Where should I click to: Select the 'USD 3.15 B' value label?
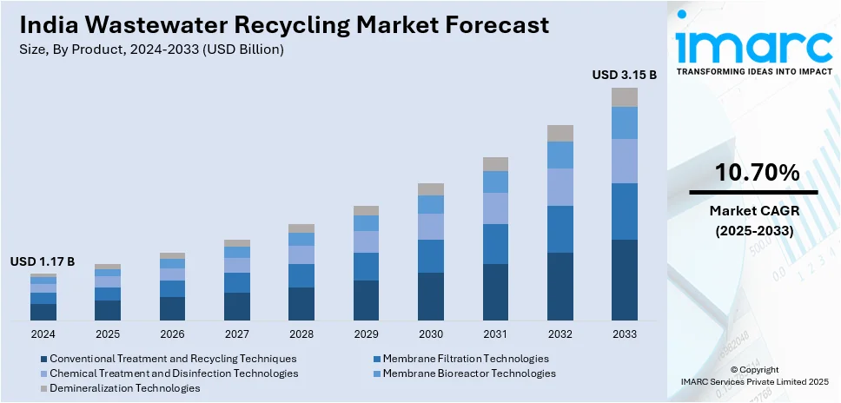624,76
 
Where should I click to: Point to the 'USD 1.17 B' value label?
43,261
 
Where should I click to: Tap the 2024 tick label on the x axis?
43,334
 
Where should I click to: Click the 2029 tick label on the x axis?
366,334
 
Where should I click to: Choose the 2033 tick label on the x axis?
624,334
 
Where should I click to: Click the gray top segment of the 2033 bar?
624,97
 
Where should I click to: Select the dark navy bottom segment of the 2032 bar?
560,287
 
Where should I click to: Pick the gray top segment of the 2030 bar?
431,189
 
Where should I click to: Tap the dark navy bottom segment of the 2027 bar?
237,307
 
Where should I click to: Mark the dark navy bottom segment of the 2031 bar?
495,293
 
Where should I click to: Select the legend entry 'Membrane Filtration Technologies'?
466,358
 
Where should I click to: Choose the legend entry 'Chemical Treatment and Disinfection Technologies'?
174,373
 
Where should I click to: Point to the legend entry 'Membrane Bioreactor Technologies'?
469,373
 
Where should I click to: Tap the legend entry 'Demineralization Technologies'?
124,387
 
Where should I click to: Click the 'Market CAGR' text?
752,210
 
